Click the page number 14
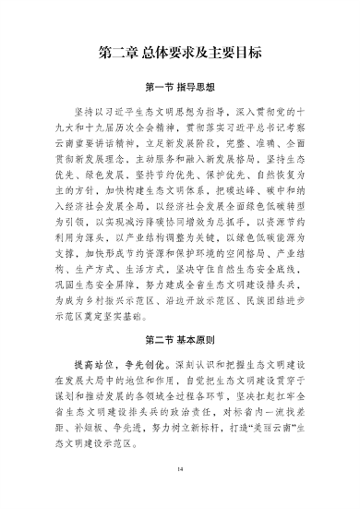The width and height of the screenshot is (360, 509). pyautogui.click(x=180, y=468)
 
